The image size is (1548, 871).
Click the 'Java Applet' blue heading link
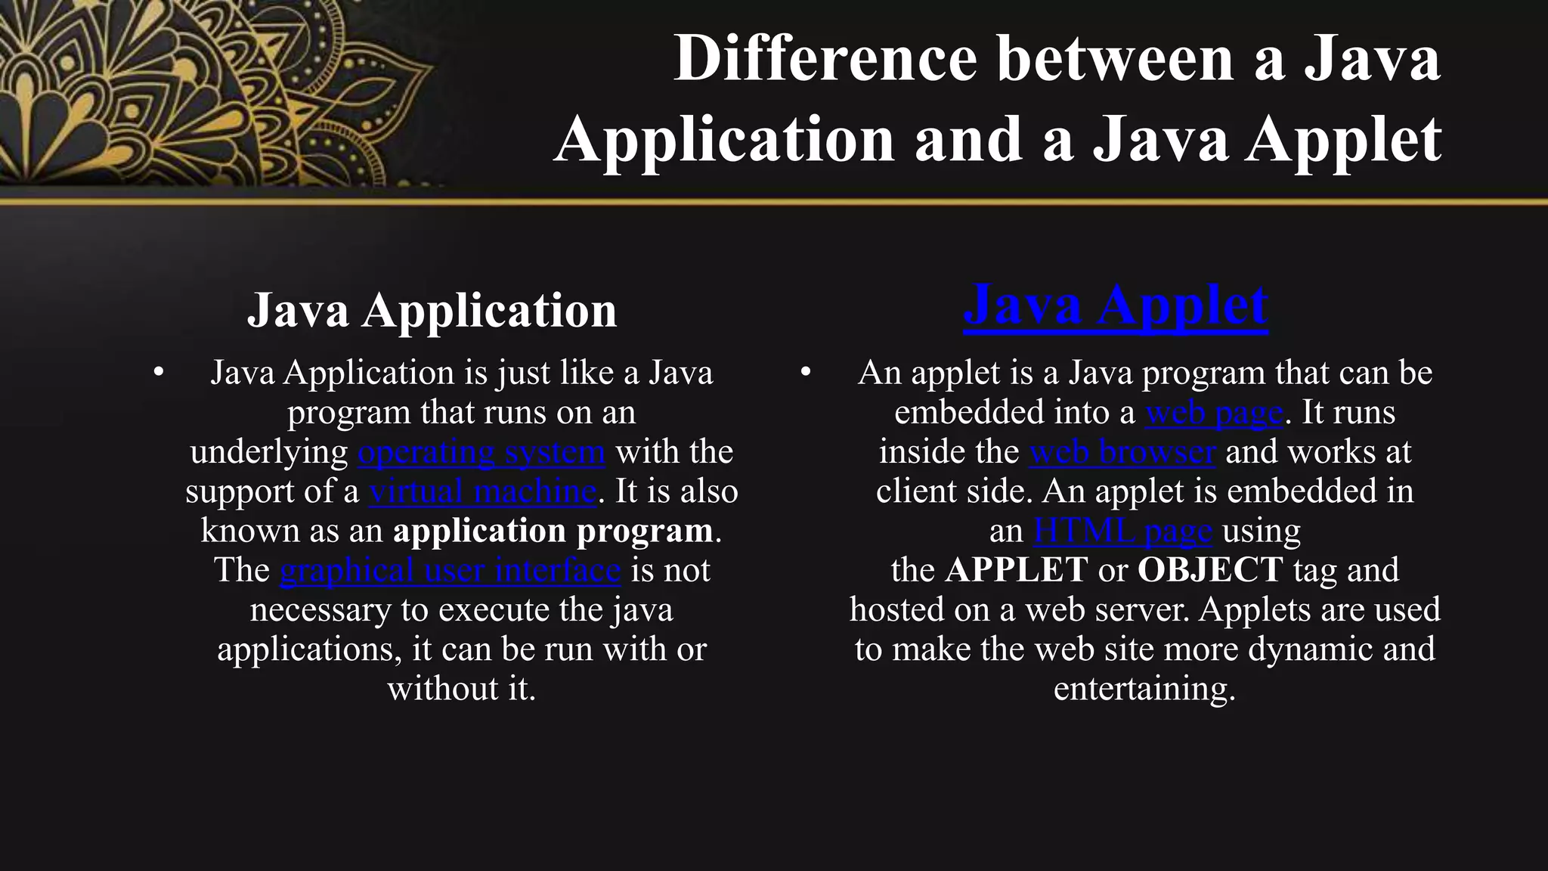coord(1116,305)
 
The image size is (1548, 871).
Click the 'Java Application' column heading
coord(432,310)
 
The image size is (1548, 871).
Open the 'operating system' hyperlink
coord(481,452)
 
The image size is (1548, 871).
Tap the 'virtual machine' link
coord(482,491)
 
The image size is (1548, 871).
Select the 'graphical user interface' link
coord(450,570)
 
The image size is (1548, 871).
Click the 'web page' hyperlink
coord(1214,413)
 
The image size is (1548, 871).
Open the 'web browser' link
coord(1122,452)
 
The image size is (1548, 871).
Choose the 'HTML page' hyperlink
coord(1122,531)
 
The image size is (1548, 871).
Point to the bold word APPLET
coord(1016,570)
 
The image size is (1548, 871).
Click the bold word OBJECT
coord(1210,570)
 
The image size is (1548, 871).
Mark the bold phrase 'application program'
coord(553,531)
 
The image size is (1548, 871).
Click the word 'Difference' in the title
coord(825,59)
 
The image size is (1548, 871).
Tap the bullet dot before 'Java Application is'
coord(158,372)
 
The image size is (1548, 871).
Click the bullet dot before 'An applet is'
coord(806,372)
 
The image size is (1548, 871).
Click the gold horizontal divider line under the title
coord(774,202)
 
